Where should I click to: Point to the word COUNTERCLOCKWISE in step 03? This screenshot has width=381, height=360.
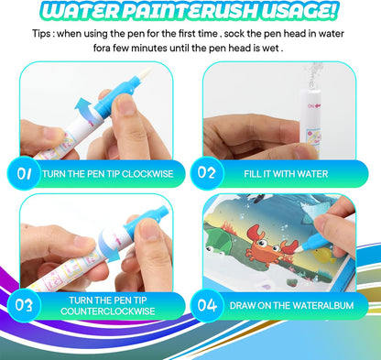[110, 311]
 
